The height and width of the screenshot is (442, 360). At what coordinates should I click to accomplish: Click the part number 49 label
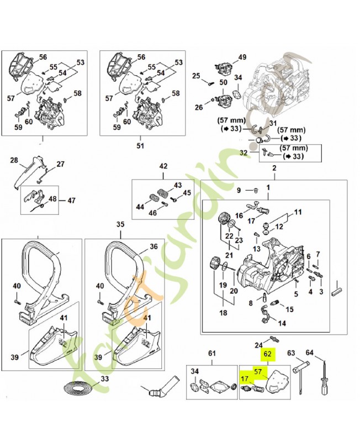[242, 58]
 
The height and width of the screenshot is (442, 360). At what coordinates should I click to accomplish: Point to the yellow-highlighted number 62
[268, 354]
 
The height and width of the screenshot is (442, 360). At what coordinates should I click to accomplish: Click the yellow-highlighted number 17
[244, 379]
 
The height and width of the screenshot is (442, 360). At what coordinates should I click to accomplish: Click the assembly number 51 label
[140, 146]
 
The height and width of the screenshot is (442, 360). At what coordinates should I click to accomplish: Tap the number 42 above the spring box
[163, 166]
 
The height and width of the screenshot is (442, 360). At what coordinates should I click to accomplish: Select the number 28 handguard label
[14, 161]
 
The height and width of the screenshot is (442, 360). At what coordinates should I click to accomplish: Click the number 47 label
[71, 200]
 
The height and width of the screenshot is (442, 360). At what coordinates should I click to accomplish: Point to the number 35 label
[120, 224]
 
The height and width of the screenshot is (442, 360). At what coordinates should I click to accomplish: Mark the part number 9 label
[239, 191]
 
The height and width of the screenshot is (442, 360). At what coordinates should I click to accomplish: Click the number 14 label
[282, 323]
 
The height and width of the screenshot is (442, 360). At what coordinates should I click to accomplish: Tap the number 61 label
[211, 353]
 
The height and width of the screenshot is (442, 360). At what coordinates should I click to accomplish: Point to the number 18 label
[224, 313]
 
